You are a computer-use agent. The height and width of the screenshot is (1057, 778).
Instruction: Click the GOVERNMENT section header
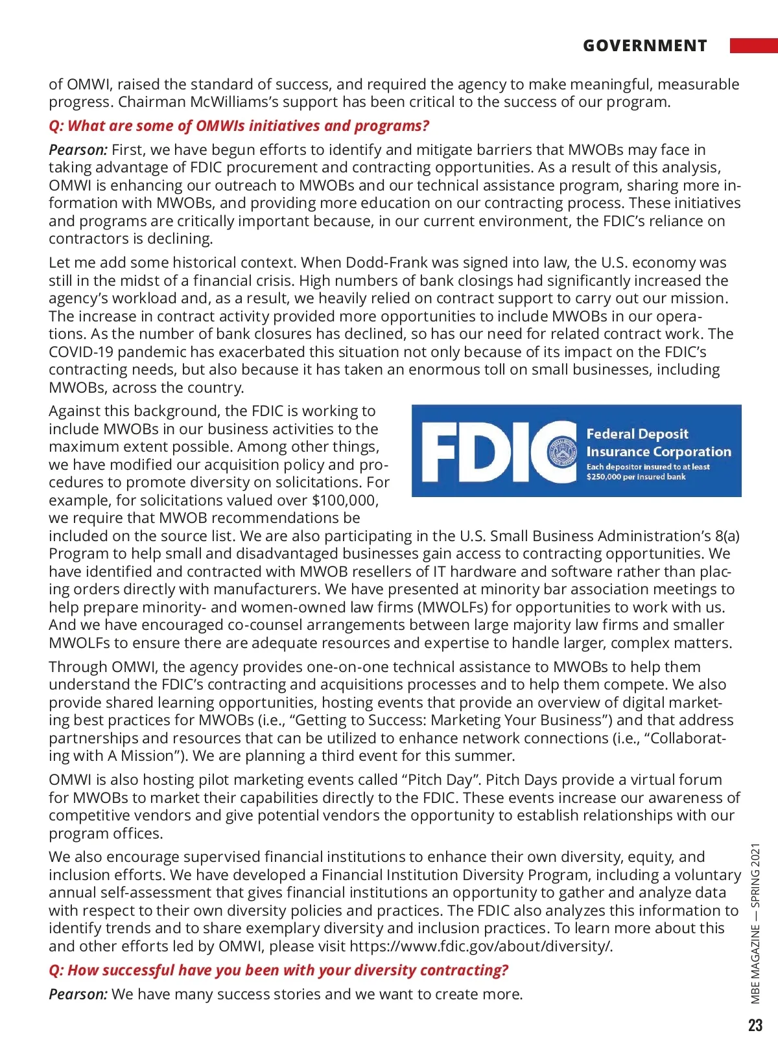(x=644, y=46)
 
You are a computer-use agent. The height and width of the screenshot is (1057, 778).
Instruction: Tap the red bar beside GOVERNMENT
(x=753, y=45)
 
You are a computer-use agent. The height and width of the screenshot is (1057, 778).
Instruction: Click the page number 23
(x=755, y=1025)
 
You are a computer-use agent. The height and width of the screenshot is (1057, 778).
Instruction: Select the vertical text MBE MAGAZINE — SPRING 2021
(x=755, y=923)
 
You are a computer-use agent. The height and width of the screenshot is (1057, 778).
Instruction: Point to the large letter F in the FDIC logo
(x=443, y=452)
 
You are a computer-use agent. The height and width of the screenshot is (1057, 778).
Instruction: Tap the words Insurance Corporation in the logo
(x=658, y=452)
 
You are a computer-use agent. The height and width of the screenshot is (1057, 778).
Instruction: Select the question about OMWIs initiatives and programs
(x=239, y=126)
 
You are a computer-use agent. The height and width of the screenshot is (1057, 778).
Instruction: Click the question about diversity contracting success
(x=278, y=970)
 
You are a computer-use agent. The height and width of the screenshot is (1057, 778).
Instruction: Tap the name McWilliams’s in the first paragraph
(x=264, y=102)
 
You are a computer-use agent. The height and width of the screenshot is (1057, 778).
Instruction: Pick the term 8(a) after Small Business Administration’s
(x=727, y=536)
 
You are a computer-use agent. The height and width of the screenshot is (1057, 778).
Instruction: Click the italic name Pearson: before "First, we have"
(x=78, y=150)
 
